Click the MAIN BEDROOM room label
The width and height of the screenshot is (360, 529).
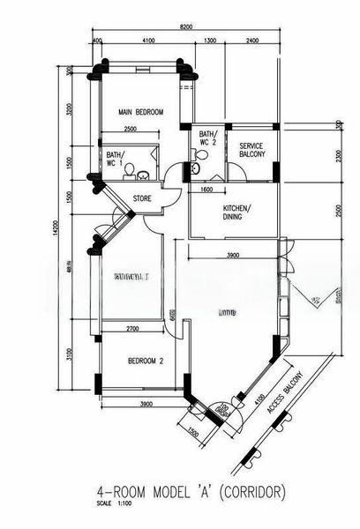pyautogui.click(x=141, y=112)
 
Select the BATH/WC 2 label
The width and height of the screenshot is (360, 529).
pyautogui.click(x=208, y=138)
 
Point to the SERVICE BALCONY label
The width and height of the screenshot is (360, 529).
pyautogui.click(x=251, y=150)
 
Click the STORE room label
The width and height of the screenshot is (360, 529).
pyautogui.click(x=142, y=199)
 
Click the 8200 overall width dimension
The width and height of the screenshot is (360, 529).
pyautogui.click(x=186, y=28)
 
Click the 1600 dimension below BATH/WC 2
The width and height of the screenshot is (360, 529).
pyautogui.click(x=206, y=189)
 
